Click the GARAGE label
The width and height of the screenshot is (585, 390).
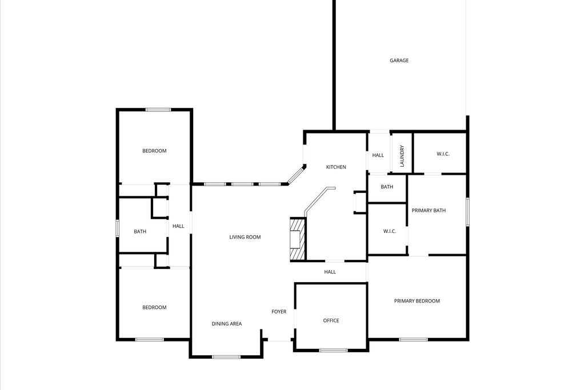pos(399,61)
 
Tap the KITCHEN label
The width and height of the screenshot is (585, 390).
pos(336,167)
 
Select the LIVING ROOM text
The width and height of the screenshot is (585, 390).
pos(245,237)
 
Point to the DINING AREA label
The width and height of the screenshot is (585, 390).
pos(226,324)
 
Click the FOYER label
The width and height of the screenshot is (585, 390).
pos(279,312)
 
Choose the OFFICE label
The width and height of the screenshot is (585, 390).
pos(331,321)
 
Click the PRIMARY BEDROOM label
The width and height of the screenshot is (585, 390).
pos(416,301)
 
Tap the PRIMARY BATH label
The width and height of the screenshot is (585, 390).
pos(428,211)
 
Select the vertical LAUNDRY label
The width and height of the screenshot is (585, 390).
pos(402,156)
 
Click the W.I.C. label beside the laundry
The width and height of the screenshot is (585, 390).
pos(443,154)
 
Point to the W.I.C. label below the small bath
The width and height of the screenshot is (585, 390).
pos(390,231)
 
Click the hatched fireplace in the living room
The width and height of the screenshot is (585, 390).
pos(298,239)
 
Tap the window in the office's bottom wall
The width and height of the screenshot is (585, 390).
pos(334,351)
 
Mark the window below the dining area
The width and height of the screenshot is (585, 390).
pos(226,357)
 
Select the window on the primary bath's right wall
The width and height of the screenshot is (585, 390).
pos(467,212)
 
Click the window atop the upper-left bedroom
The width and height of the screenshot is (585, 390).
pos(158,110)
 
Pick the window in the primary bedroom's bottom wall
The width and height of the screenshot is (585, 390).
pos(414,340)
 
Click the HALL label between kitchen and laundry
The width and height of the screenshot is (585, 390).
pos(378,155)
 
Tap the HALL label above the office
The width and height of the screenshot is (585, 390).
pos(330,272)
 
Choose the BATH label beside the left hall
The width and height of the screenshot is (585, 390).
pos(140,231)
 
